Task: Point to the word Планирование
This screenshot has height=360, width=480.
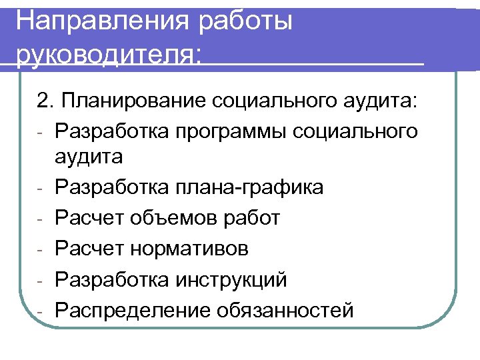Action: click(x=133, y=101)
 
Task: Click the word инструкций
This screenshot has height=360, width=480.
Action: click(x=229, y=279)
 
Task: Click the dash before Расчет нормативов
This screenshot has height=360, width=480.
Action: click(x=41, y=250)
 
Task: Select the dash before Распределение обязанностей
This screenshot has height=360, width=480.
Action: click(x=41, y=311)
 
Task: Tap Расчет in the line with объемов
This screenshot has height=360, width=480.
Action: click(x=90, y=218)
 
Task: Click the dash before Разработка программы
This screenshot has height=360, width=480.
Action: click(x=41, y=132)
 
